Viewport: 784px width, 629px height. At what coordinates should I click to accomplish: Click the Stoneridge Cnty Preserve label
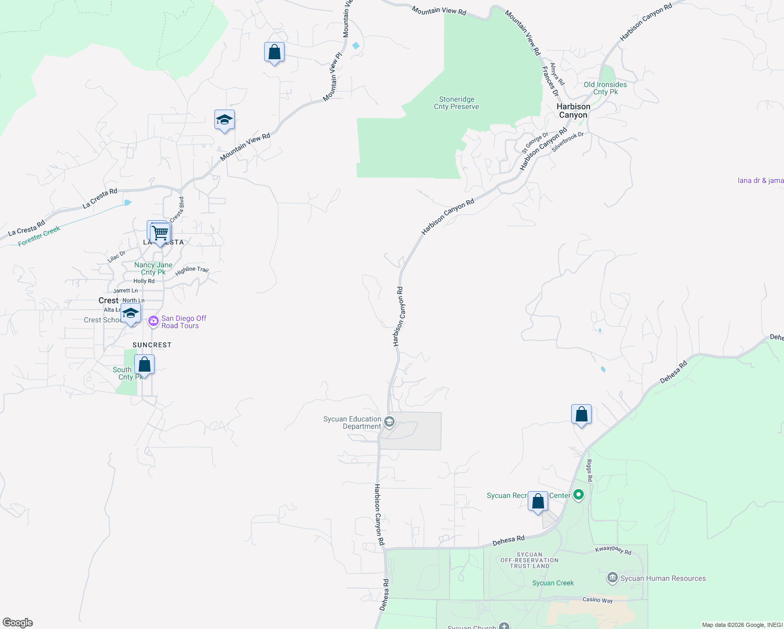(456, 103)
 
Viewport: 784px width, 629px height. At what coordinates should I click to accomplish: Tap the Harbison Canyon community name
(573, 111)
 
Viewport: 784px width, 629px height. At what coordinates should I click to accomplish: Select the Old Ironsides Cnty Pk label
(605, 88)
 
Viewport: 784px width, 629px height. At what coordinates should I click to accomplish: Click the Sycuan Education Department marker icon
(389, 422)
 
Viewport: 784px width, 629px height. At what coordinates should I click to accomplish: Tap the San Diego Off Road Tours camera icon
(153, 321)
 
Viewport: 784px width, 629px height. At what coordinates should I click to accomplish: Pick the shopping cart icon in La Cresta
(160, 232)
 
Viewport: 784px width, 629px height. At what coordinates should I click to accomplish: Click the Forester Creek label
(39, 236)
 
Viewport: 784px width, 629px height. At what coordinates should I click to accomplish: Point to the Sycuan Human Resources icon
(612, 578)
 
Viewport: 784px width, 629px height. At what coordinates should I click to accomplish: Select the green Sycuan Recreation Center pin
(579, 494)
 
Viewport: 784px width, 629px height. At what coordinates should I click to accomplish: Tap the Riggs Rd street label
(590, 471)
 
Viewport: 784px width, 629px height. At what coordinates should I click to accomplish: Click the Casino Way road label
(597, 600)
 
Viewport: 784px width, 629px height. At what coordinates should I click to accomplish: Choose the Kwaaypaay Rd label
(613, 550)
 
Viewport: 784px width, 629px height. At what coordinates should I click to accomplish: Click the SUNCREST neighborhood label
(152, 345)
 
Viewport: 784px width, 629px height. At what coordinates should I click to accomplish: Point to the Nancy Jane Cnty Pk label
(153, 268)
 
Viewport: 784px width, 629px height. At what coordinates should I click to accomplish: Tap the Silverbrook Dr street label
(568, 142)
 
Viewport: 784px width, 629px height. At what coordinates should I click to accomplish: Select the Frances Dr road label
(550, 81)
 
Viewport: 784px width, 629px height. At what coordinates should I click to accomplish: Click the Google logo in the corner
(18, 622)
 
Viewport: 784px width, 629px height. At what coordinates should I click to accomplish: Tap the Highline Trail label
(192, 270)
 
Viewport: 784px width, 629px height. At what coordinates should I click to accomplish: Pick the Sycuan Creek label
(553, 583)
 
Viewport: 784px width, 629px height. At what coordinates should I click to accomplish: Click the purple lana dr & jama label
(760, 180)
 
